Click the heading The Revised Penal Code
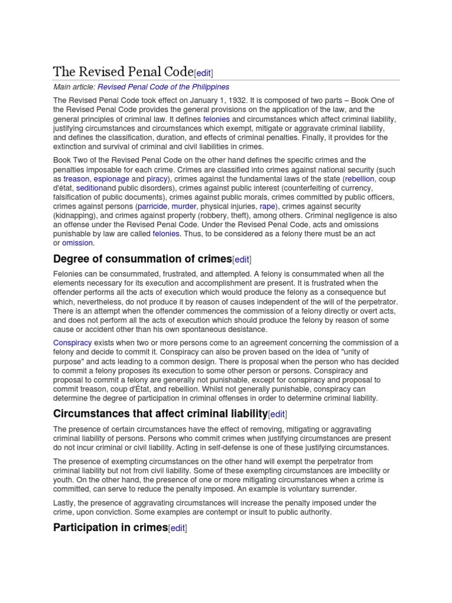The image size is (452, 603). (123, 72)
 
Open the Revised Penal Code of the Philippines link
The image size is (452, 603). (163, 87)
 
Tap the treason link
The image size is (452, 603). (77, 178)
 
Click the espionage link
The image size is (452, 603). (111, 178)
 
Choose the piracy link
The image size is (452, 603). (157, 178)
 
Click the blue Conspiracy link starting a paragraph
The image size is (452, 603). (72, 342)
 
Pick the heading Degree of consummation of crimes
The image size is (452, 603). (142, 259)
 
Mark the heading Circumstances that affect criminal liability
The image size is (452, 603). (160, 413)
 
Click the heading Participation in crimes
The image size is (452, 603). (110, 527)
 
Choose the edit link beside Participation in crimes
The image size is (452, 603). (178, 528)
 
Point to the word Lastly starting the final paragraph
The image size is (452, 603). (64, 502)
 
